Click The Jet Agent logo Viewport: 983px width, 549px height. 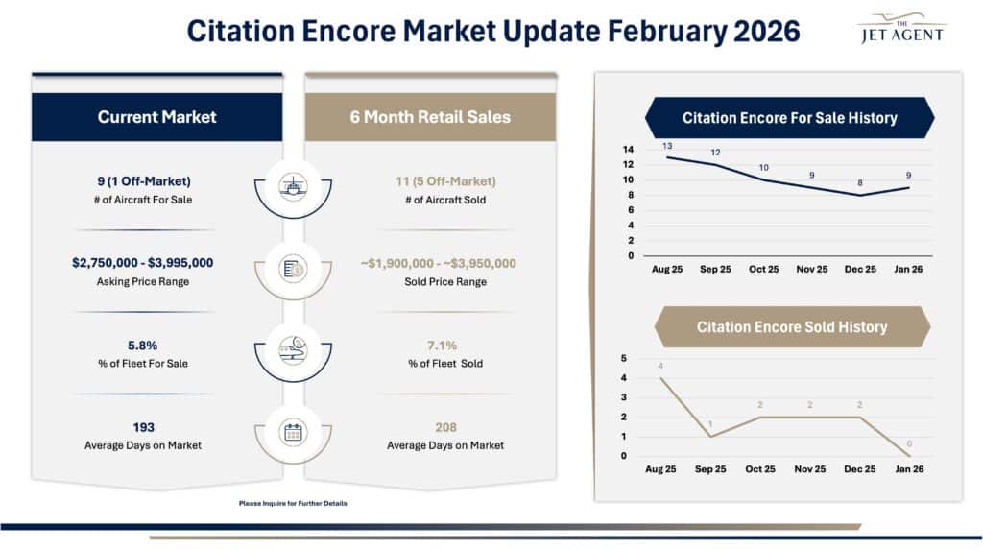[899, 28]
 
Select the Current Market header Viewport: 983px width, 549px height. [156, 117]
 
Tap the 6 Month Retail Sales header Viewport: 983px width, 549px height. [430, 117]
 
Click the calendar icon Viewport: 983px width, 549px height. [293, 432]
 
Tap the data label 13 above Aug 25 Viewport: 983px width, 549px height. [666, 146]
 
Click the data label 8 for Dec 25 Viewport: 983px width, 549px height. [859, 183]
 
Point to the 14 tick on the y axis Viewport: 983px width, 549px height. [628, 150]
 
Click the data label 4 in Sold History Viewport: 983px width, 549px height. [661, 367]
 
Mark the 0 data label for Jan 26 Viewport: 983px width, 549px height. [910, 444]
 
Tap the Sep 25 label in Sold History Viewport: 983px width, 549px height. [711, 469]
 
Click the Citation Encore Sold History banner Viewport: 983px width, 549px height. [791, 327]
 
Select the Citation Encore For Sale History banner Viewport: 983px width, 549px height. [789, 118]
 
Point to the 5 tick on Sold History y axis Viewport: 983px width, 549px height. [624, 359]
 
